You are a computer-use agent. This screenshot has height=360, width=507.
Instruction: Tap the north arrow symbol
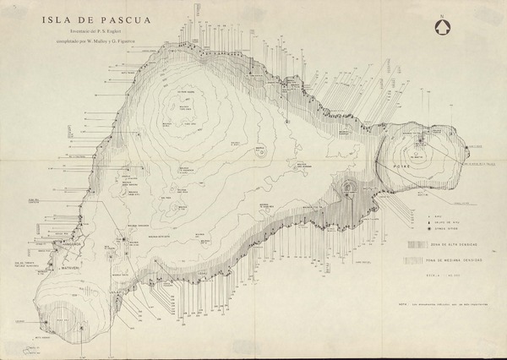tap(440, 25)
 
